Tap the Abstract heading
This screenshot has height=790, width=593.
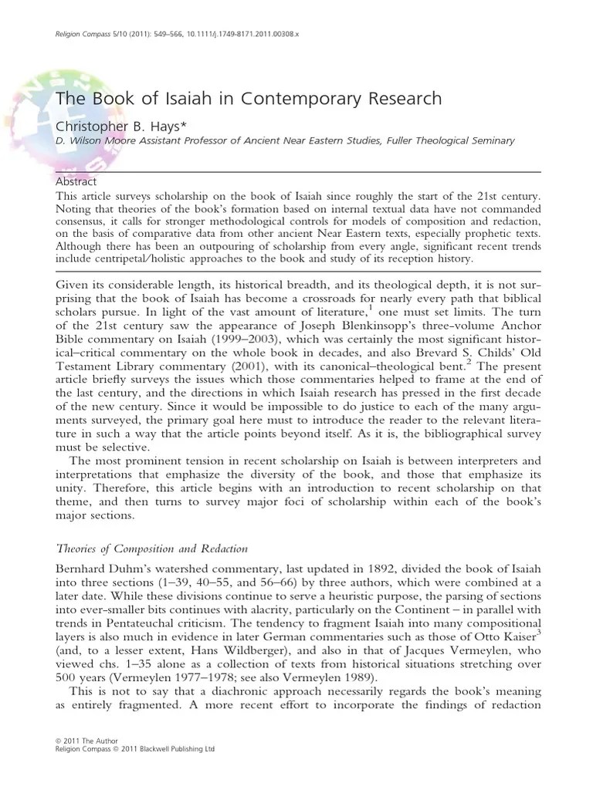[x=76, y=182]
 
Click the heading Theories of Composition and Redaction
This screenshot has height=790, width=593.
[x=152, y=549]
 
